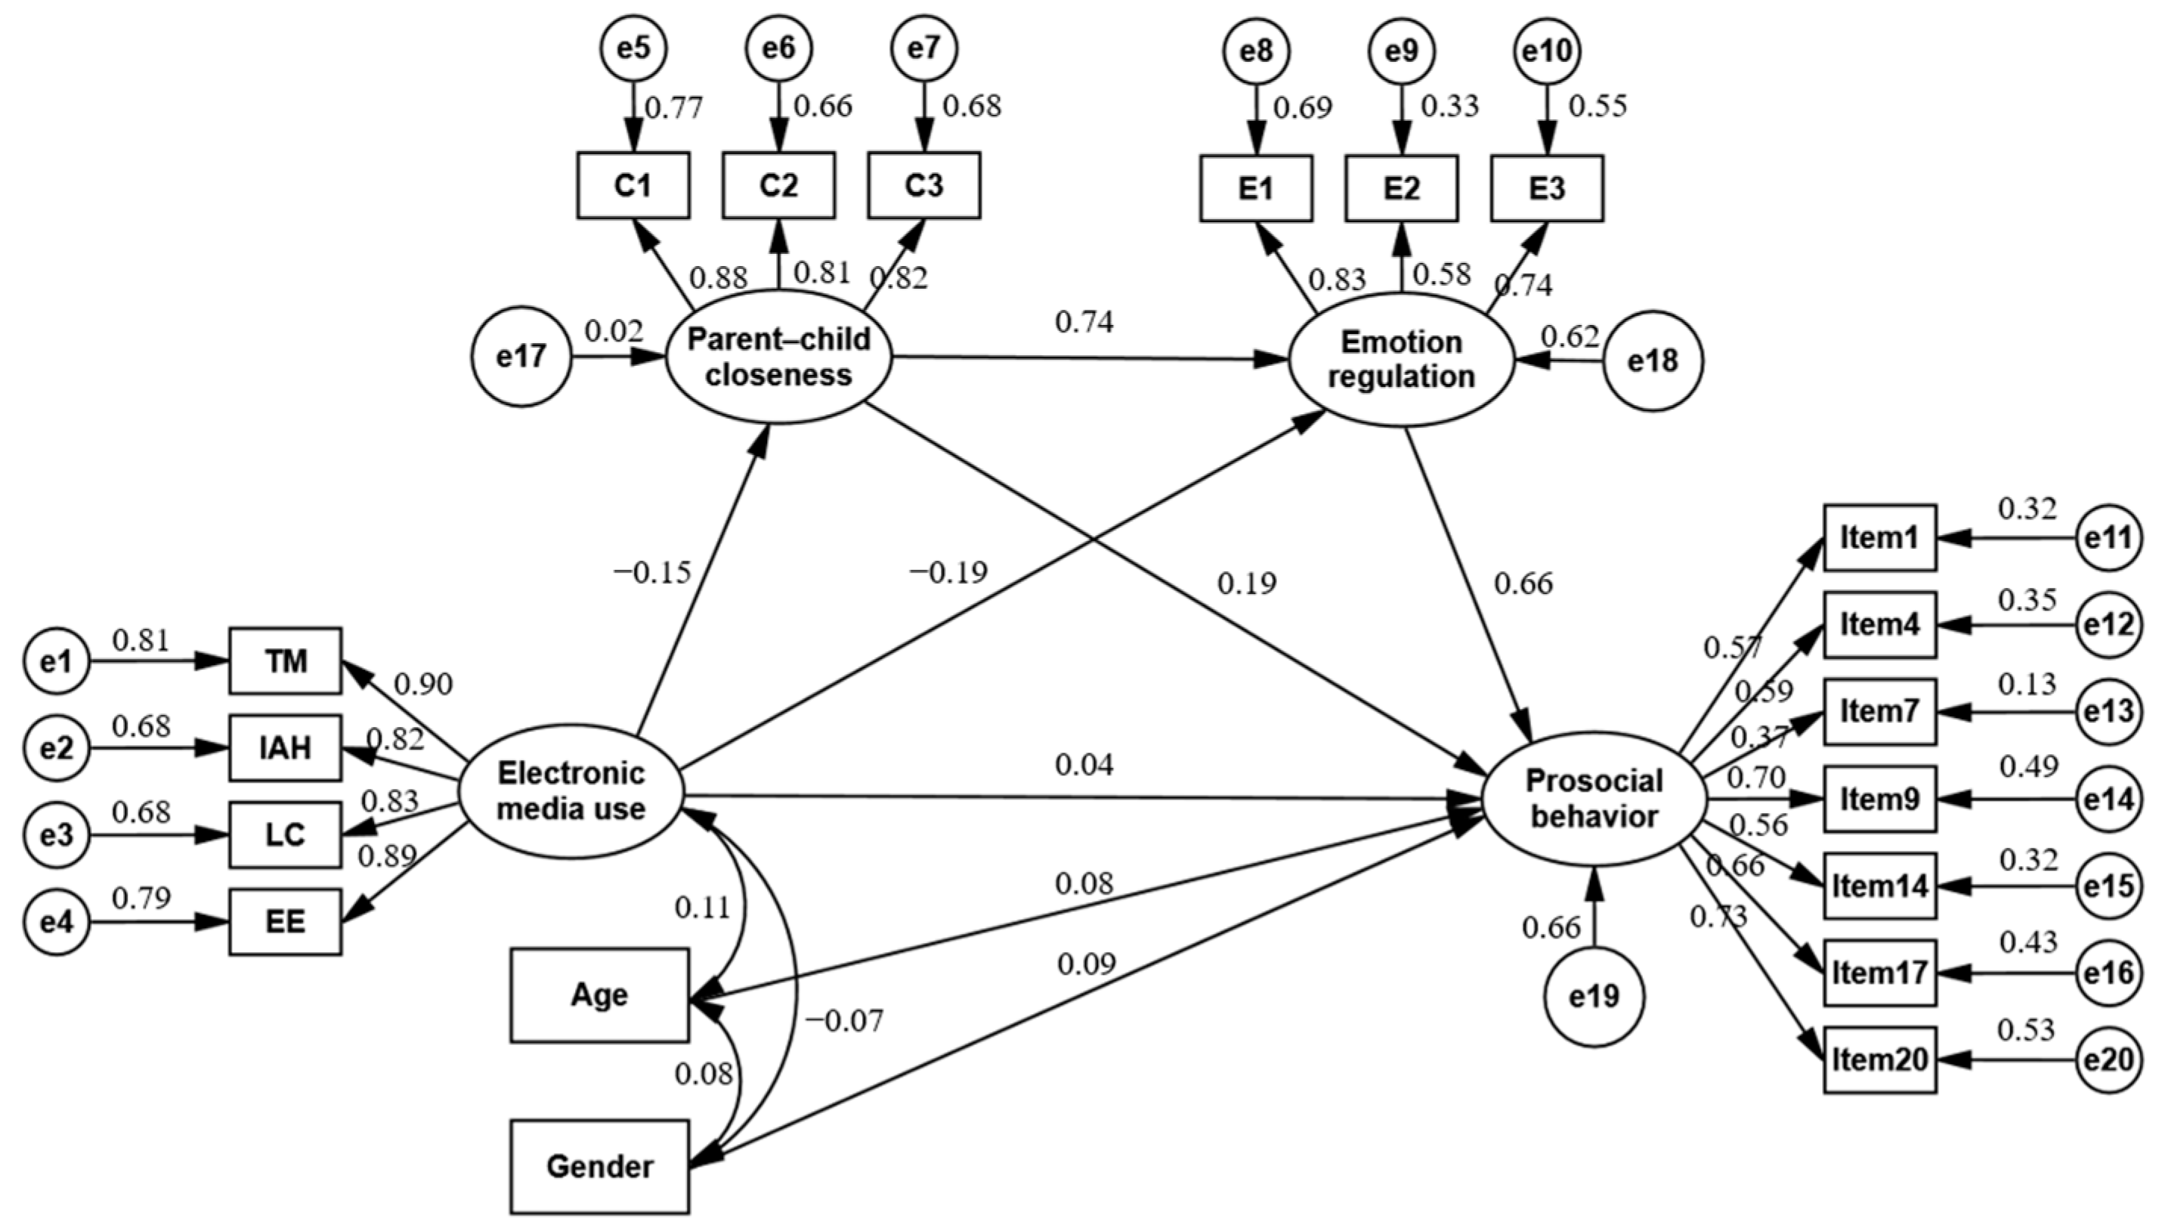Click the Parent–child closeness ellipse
pos(778,357)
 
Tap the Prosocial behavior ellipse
pos(1594,799)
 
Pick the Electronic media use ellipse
pos(571,791)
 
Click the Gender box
pos(599,1167)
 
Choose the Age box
pos(599,995)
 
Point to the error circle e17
pos(521,357)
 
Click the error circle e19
pos(1594,997)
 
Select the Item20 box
pos(1880,1060)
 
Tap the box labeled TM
pos(285,661)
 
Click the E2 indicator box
pos(1401,189)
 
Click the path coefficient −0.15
pos(652,574)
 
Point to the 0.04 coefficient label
pos(1084,766)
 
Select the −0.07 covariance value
pos(844,1022)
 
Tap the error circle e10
pos(1547,52)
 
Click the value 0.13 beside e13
pos(2027,684)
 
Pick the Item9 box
pos(1880,799)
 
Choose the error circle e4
pos(56,922)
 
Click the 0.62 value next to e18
pos(1570,336)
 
